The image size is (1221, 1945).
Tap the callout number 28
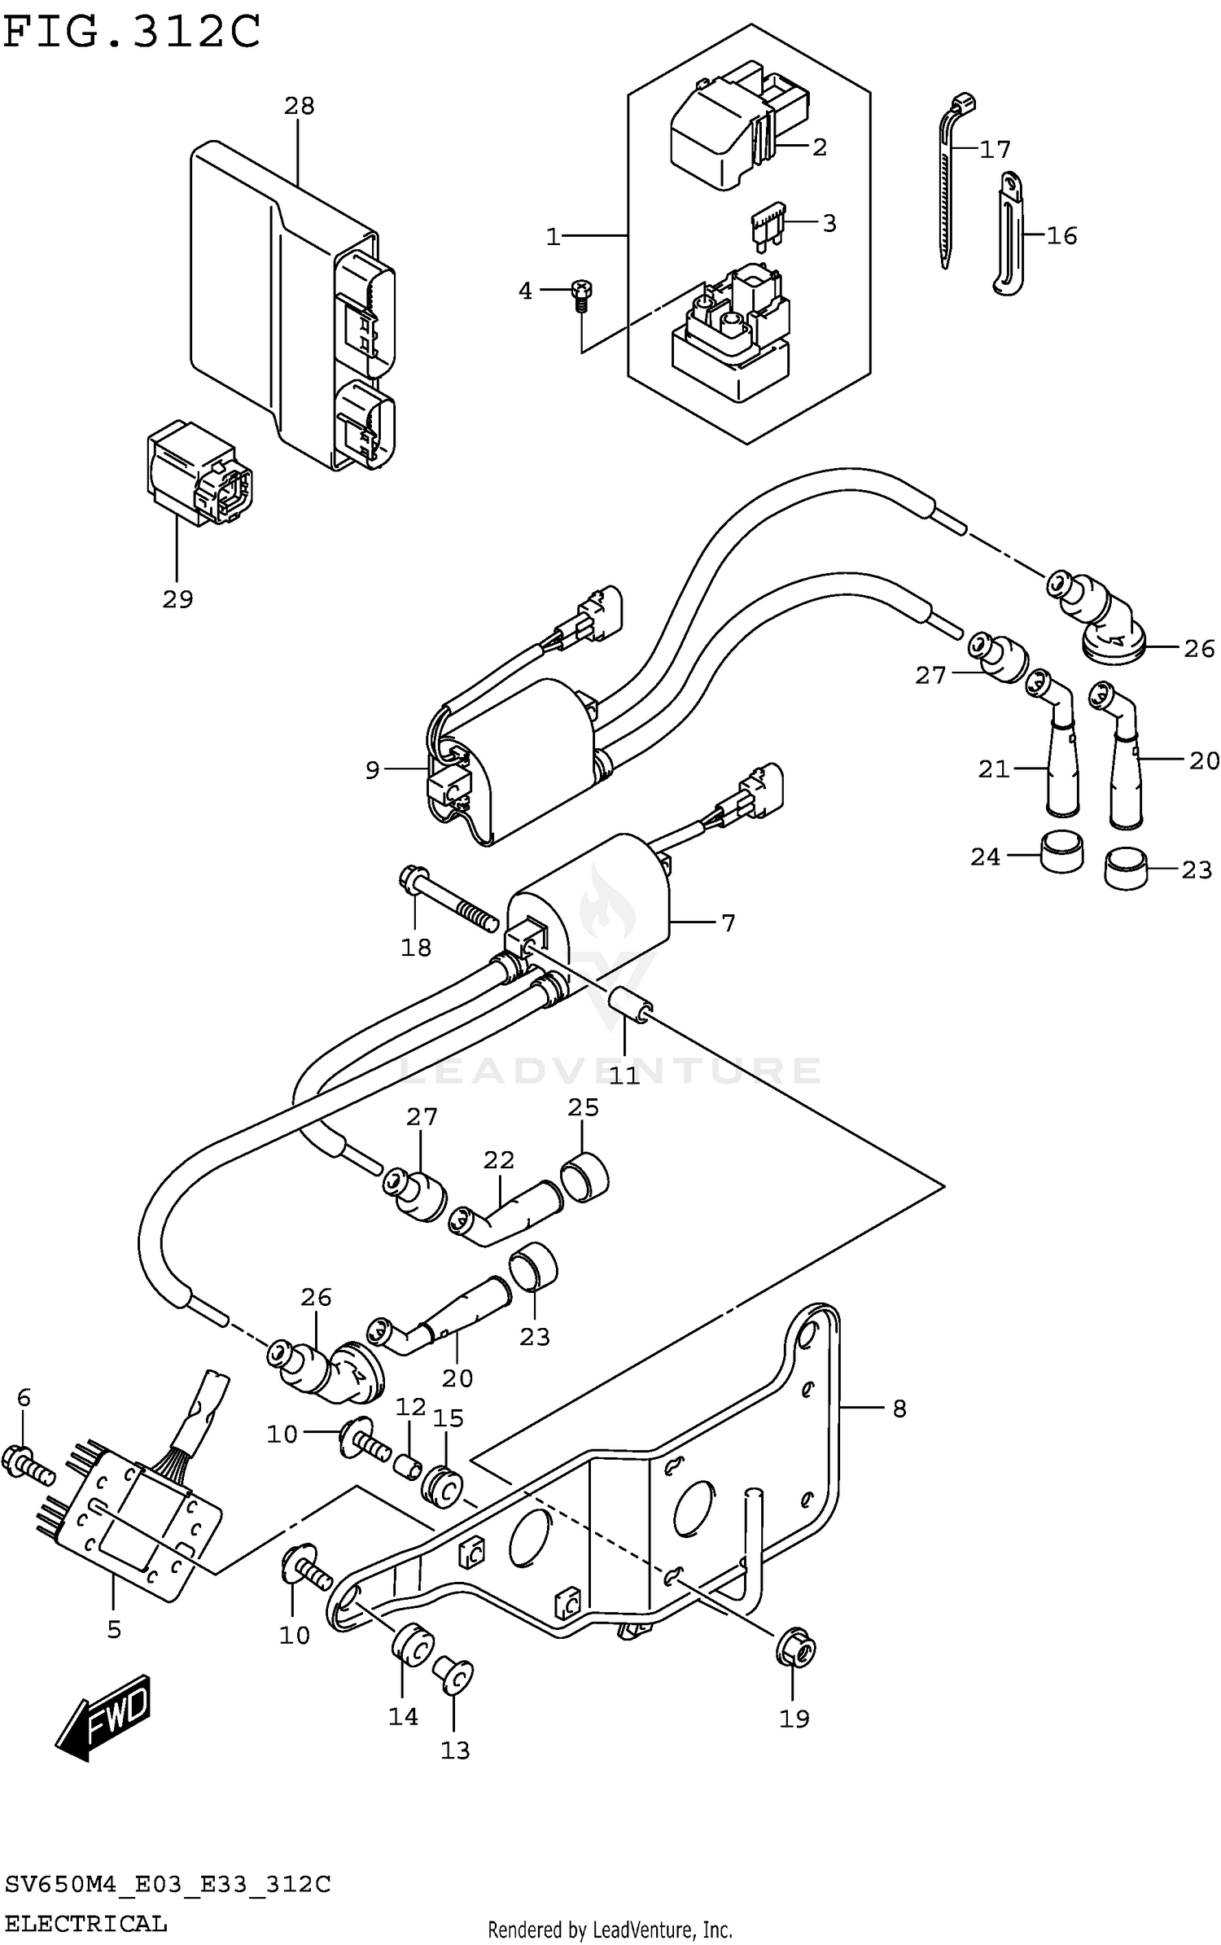(299, 106)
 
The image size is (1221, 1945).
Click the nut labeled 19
(796, 1650)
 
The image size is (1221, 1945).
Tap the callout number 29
(177, 600)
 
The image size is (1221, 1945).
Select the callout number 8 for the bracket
(899, 1409)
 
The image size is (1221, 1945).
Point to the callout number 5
(113, 1629)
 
